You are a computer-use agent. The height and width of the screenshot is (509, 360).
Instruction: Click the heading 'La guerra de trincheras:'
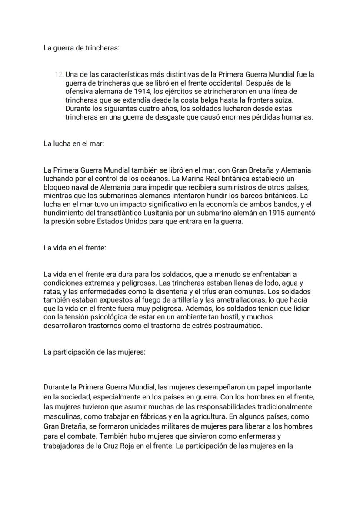81,48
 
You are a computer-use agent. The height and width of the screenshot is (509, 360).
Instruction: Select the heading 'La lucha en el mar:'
73,143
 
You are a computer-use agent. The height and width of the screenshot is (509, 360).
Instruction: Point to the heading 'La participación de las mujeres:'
94,352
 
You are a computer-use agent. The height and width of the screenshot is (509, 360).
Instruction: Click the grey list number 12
59,74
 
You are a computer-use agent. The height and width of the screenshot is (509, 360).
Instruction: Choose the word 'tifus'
220,291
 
